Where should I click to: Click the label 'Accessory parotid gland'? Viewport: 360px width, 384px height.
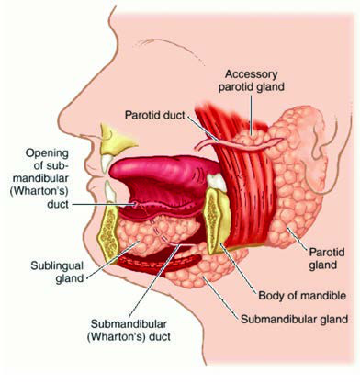click(x=251, y=81)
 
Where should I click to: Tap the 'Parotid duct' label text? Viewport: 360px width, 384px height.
click(x=155, y=115)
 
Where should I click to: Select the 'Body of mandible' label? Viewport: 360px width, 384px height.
click(x=302, y=296)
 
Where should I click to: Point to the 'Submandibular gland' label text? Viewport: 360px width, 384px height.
click(x=295, y=319)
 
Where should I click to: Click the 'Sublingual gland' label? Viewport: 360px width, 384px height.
click(x=57, y=272)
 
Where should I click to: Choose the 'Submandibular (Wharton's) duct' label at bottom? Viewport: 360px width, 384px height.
click(x=129, y=330)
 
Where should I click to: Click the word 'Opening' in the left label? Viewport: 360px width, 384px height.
click(x=47, y=152)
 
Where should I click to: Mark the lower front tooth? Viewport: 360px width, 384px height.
click(x=109, y=192)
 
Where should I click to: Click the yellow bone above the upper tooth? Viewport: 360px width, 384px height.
click(x=117, y=140)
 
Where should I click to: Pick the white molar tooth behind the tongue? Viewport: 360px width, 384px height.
click(x=217, y=181)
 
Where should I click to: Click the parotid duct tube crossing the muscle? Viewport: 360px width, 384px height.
click(x=239, y=144)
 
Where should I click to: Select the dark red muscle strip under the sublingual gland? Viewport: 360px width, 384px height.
click(x=159, y=263)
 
